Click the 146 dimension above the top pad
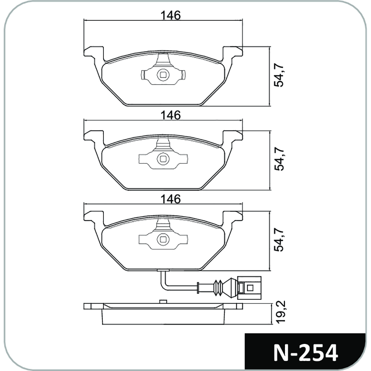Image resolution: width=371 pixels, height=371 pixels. pyautogui.click(x=170, y=16)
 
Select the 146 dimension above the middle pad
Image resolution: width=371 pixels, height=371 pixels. pyautogui.click(x=170, y=115)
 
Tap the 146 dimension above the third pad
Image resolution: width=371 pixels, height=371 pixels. pyautogui.click(x=170, y=199)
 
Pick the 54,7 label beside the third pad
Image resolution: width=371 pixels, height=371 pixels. pyautogui.click(x=279, y=240)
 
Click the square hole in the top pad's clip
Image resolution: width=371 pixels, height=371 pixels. pyautogui.click(x=163, y=75)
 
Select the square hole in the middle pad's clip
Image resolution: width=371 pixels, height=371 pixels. pyautogui.click(x=163, y=158)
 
